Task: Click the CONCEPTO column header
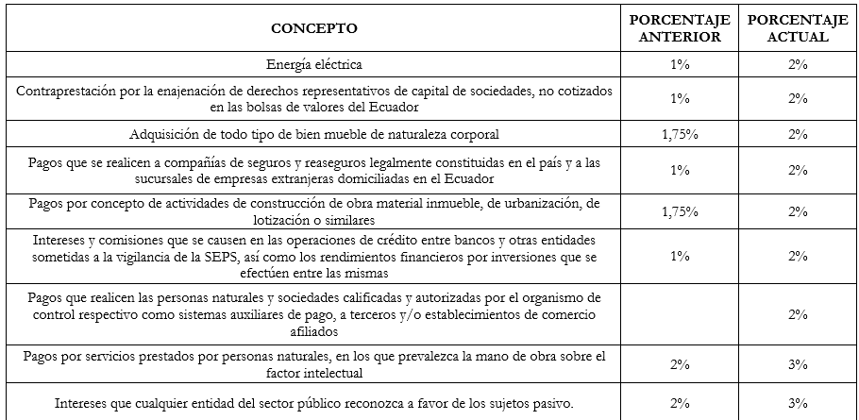coord(314,28)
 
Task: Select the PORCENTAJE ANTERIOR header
coord(680,28)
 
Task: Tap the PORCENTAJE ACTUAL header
coord(798,28)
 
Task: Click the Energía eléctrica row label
coord(314,65)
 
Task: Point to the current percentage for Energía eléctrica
coord(798,65)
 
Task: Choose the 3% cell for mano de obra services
coord(798,363)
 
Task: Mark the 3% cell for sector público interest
coord(798,404)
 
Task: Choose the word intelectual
coord(340,372)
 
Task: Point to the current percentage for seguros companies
coord(798,171)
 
